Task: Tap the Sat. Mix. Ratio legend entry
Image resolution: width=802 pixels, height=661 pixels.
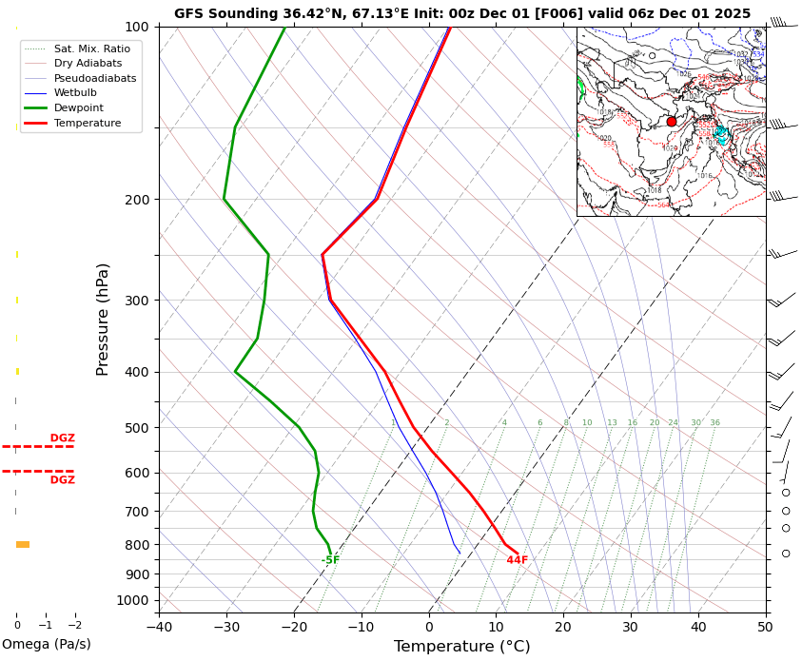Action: [x=91, y=49]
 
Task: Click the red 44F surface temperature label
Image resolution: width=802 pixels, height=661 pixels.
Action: [x=517, y=560]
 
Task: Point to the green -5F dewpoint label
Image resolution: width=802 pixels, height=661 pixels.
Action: [x=330, y=560]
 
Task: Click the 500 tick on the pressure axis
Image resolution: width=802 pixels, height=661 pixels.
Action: [x=137, y=428]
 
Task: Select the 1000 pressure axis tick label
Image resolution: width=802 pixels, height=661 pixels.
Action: [x=133, y=600]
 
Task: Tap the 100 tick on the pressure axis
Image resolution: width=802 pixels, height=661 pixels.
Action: [x=137, y=27]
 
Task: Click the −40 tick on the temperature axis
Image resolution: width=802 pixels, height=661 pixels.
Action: [x=159, y=628]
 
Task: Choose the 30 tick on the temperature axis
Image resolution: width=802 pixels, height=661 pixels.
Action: [x=631, y=628]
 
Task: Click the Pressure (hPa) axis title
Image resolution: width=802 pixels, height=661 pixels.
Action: [x=103, y=319]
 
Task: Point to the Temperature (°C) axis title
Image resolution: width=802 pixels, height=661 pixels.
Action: [x=462, y=647]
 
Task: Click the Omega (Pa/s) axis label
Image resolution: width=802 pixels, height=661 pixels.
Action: [x=47, y=644]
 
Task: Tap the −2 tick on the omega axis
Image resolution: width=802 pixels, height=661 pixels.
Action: [x=74, y=625]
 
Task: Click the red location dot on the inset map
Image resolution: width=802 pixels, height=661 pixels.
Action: [x=672, y=122]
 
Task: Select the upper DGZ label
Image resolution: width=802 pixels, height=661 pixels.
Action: [x=62, y=438]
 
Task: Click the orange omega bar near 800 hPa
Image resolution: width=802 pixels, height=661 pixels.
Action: [x=23, y=544]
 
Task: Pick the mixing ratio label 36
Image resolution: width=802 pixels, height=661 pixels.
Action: [x=714, y=423]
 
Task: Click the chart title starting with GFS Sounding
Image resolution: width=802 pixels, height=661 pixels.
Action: [x=462, y=13]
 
